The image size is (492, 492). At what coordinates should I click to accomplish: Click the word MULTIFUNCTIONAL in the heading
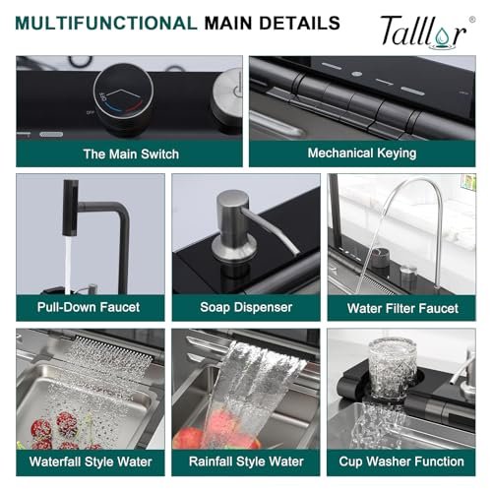(104, 23)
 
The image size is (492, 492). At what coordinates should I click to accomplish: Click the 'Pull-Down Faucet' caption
(88, 307)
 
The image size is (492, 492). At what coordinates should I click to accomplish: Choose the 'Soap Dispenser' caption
(246, 307)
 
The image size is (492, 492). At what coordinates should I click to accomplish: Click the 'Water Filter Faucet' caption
(402, 308)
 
